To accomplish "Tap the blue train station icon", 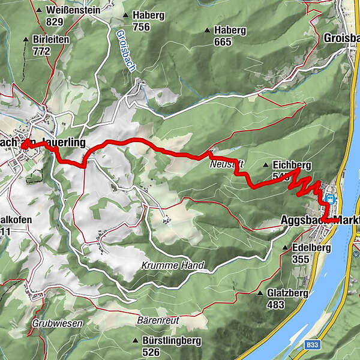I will pos(330,199).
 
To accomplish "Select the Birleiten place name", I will pos(51,39).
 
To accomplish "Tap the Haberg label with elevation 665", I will pos(231,30).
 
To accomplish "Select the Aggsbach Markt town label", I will pos(320,220).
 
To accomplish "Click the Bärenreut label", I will pos(158,320).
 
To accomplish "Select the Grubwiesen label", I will pos(57,323).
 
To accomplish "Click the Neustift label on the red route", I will pos(222,163).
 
